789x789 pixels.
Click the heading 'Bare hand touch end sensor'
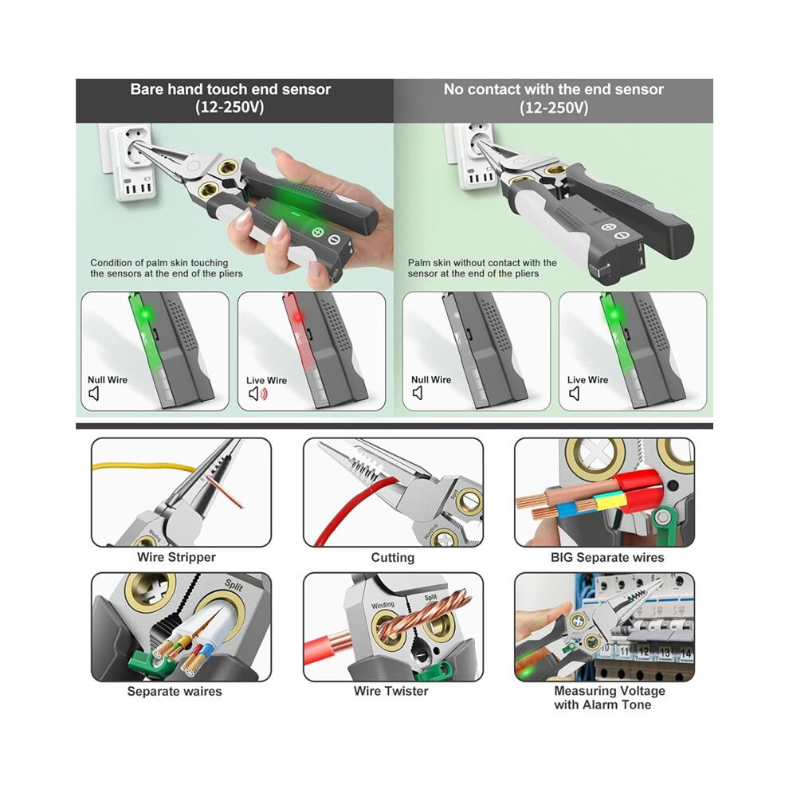point(230,89)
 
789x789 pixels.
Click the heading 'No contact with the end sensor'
point(554,89)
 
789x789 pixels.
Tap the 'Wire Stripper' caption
point(176,557)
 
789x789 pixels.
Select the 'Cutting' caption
point(392,558)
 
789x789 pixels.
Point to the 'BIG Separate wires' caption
point(607,558)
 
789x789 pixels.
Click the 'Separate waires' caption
point(174,692)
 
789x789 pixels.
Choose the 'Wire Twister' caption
point(391,691)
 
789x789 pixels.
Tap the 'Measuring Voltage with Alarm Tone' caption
point(610,698)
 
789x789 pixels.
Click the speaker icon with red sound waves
point(258,394)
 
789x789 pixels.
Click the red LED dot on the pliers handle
point(297,317)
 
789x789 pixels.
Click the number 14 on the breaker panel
point(686,654)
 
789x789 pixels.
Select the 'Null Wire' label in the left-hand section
point(107,380)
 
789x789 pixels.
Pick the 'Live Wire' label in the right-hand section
point(587,380)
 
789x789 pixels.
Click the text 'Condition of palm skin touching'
point(159,263)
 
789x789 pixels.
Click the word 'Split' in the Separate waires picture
point(234,585)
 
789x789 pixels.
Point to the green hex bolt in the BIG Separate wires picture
point(663,516)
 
